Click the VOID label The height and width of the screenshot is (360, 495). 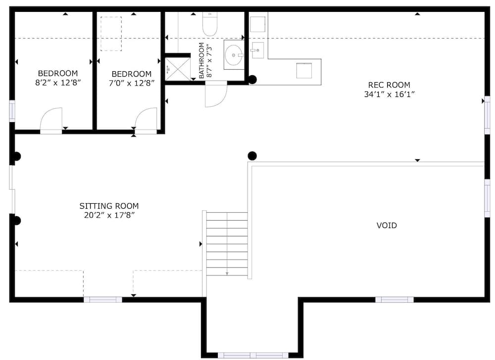click(x=387, y=225)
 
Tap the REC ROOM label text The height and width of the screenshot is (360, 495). click(x=389, y=85)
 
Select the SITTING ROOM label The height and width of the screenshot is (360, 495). click(x=109, y=206)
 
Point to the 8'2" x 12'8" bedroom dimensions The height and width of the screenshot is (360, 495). click(x=58, y=83)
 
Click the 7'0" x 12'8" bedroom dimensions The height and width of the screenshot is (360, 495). click(x=131, y=83)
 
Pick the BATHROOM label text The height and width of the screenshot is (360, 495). click(x=201, y=60)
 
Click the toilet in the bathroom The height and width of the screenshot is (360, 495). click(x=209, y=24)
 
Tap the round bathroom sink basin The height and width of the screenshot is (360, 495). click(x=234, y=55)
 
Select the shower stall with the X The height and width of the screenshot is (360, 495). click(x=178, y=69)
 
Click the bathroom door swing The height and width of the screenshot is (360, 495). click(x=216, y=94)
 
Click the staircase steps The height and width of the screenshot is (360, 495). click(x=227, y=244)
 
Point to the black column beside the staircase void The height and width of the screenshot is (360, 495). click(x=252, y=156)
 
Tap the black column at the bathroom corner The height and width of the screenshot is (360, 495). click(x=252, y=80)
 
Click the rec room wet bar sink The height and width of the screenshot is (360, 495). click(x=257, y=50)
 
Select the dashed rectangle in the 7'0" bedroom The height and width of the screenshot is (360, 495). click(x=111, y=34)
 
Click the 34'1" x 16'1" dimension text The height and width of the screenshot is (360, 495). click(x=389, y=94)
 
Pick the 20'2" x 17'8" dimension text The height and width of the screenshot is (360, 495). click(x=109, y=215)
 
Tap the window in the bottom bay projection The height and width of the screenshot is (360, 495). click(x=253, y=355)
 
